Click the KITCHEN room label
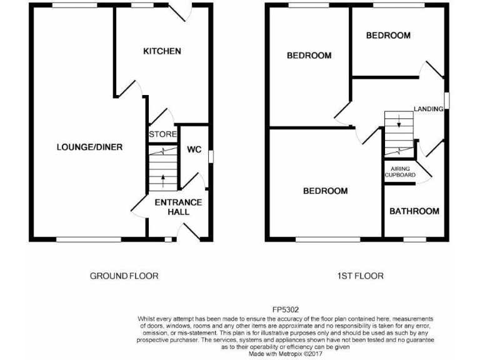(162, 51)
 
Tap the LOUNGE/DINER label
(89, 147)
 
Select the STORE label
(161, 134)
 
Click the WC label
(194, 150)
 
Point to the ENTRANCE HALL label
(178, 207)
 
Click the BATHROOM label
(414, 211)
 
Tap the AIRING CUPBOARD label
(399, 172)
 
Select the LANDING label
(428, 109)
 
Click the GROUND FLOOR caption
(124, 276)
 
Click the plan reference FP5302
(285, 309)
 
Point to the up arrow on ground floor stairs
(164, 181)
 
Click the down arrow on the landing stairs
(399, 124)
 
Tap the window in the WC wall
(210, 156)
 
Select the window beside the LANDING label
(446, 101)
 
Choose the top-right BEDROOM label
(388, 36)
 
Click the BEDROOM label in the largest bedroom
(325, 191)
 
